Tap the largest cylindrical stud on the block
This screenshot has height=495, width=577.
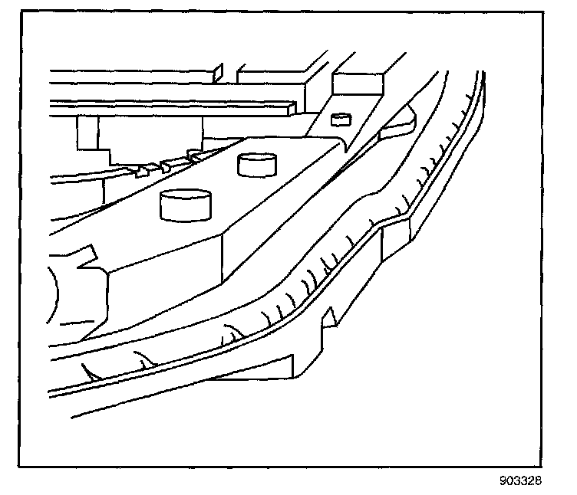click(x=184, y=205)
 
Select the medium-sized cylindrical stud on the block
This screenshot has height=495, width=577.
click(x=257, y=163)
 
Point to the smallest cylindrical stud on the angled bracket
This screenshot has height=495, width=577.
click(x=339, y=118)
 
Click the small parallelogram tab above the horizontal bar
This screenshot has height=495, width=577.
click(x=218, y=72)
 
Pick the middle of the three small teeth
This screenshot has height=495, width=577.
click(x=164, y=166)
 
